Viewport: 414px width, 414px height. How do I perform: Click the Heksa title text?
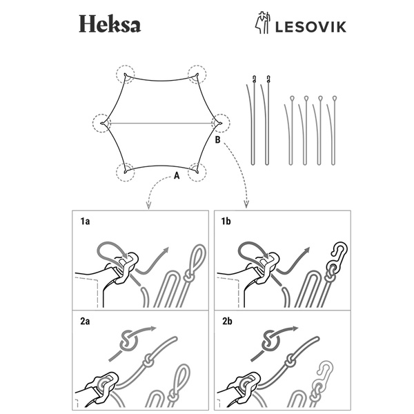[109, 25]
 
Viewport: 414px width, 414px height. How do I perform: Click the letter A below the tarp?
[177, 176]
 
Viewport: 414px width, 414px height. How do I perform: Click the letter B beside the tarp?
[218, 140]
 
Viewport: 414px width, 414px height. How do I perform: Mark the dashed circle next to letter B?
[220, 123]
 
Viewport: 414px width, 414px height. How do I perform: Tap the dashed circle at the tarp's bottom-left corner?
[126, 171]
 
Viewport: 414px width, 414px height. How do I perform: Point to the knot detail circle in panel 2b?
[270, 342]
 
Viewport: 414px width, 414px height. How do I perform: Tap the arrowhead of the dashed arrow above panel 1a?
[149, 205]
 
